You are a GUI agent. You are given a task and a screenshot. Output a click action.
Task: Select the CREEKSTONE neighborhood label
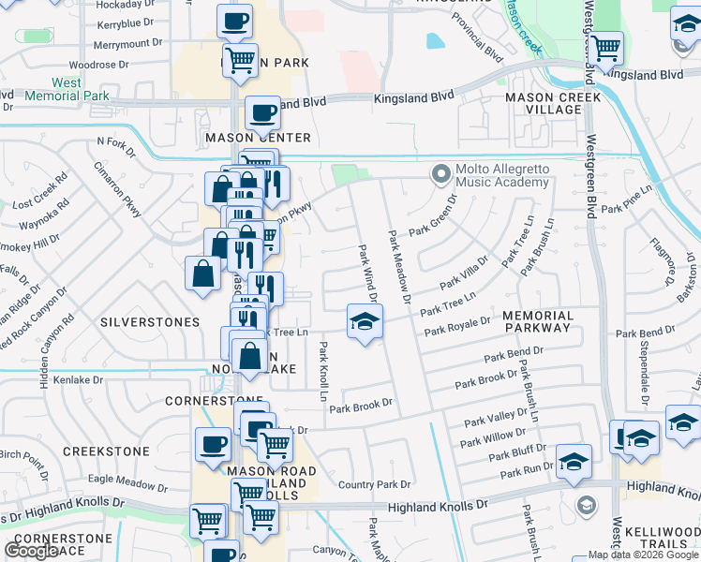click(106, 451)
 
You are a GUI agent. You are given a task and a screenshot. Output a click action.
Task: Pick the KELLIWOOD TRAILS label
click(662, 538)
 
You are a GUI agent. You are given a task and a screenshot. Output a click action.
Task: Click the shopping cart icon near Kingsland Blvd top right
click(605, 45)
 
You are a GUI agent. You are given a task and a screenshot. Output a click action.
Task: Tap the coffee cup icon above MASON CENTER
click(262, 113)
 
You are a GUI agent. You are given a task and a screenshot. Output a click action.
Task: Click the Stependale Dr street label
click(646, 360)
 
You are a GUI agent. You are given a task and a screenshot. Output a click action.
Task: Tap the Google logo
click(31, 551)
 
